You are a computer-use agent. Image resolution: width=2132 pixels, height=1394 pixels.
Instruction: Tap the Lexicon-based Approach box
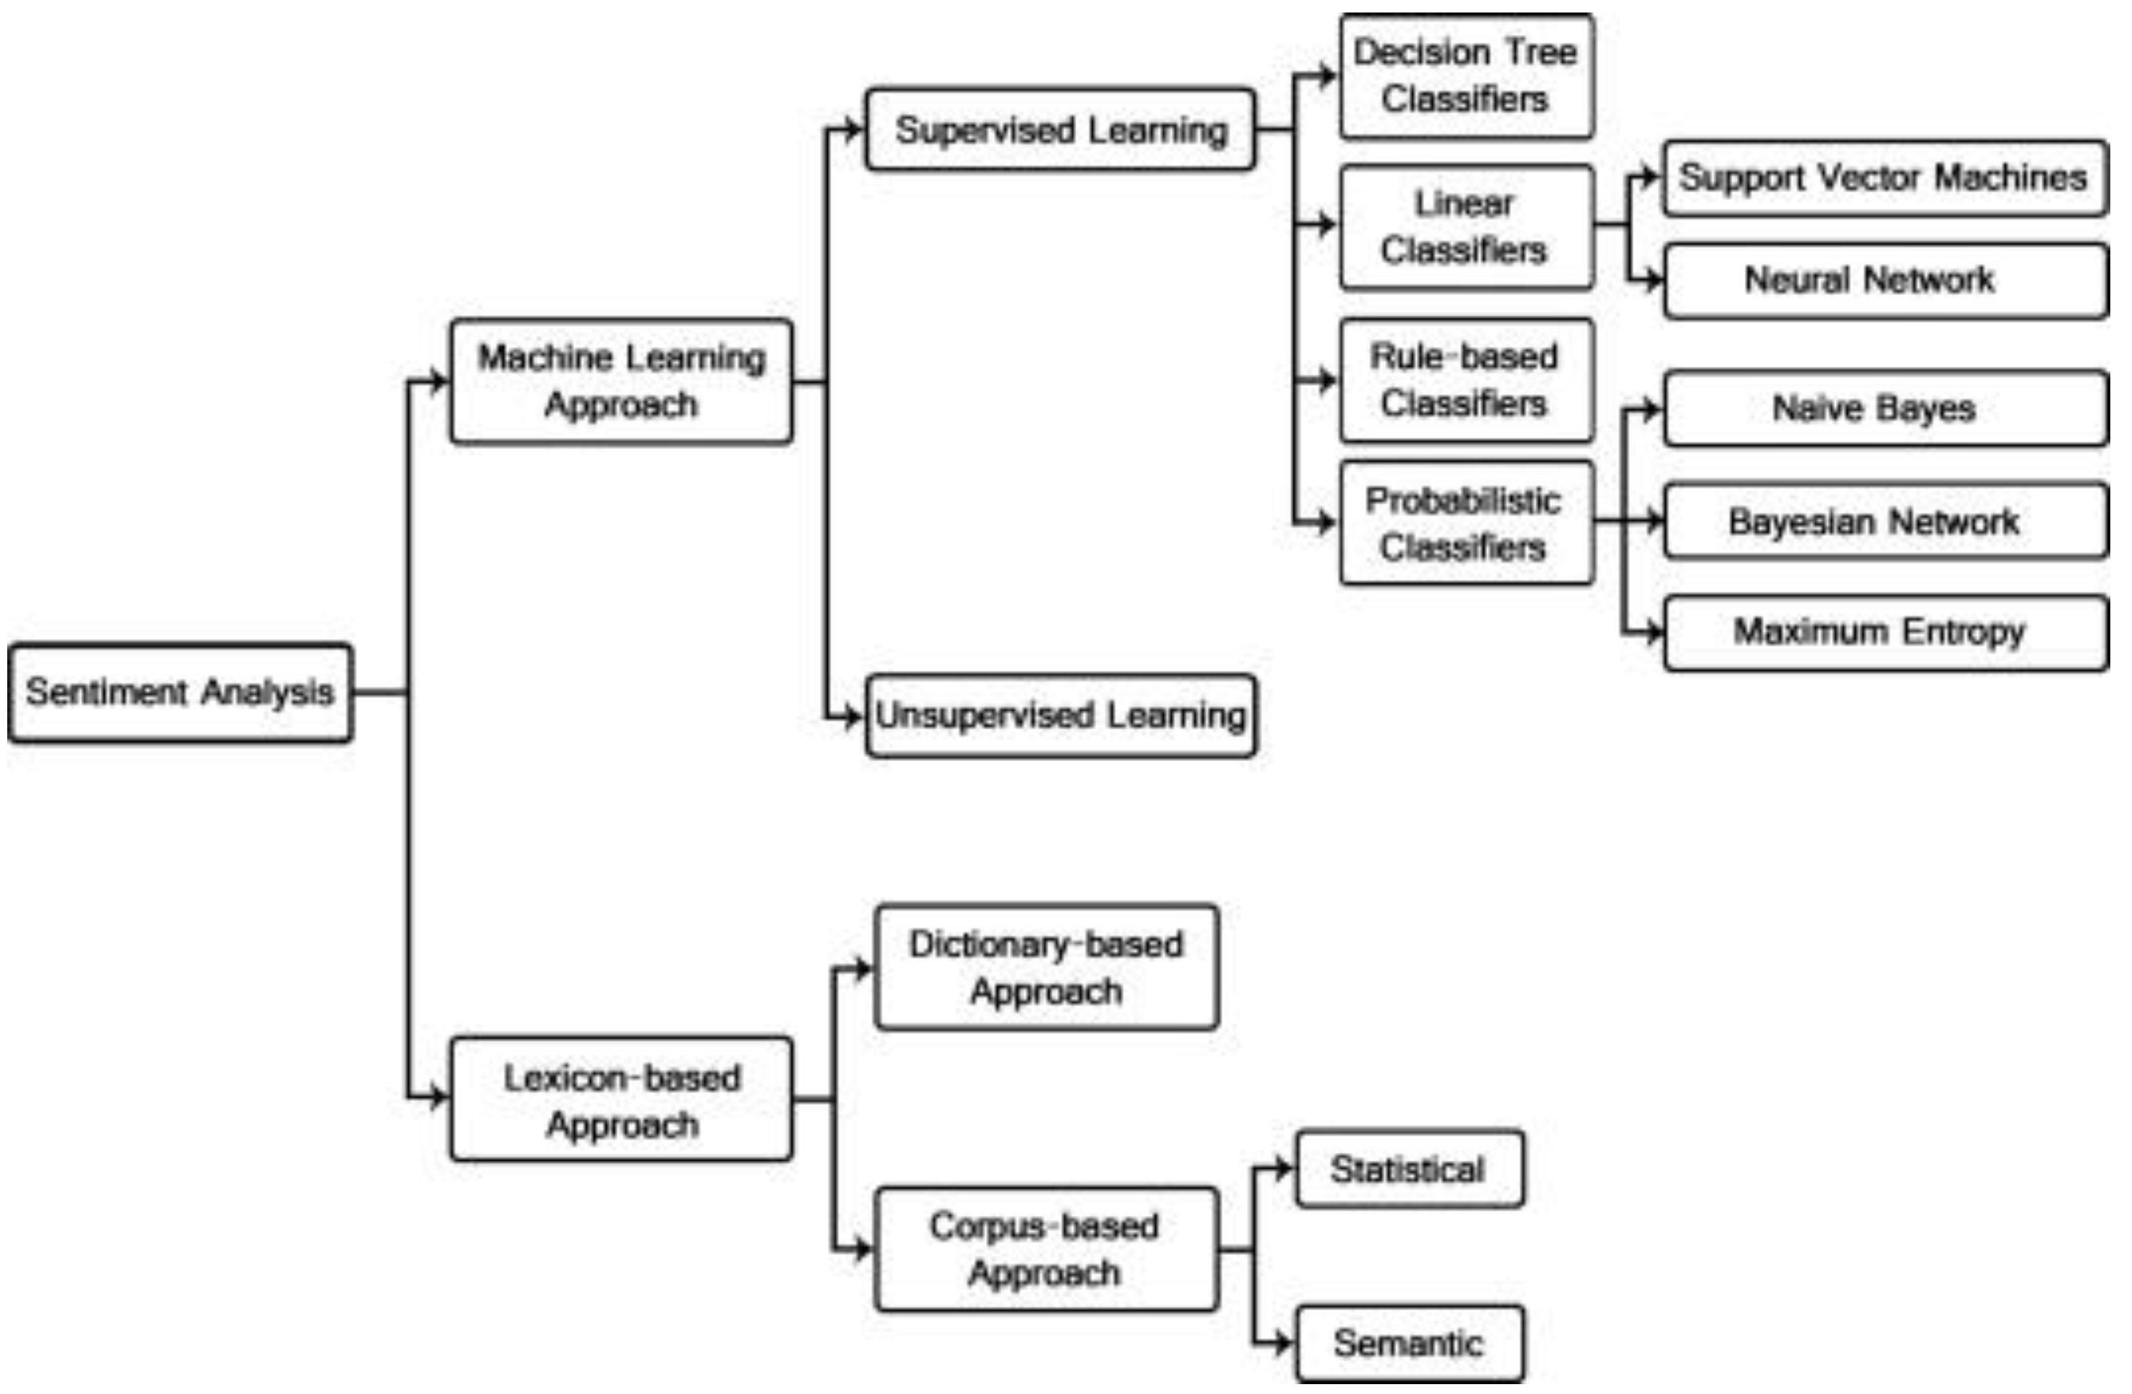tap(621, 1100)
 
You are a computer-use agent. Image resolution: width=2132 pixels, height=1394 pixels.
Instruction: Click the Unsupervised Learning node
tap(1060, 716)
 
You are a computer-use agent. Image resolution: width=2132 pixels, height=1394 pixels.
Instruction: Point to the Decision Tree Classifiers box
tap(1466, 76)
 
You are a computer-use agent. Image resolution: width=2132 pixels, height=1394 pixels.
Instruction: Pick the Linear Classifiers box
tap(1466, 227)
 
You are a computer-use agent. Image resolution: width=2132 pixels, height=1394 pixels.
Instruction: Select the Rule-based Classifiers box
tap(1466, 381)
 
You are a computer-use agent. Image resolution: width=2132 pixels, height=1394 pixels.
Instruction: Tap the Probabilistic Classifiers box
tap(1466, 523)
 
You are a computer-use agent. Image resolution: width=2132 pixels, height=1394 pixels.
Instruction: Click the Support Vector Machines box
tap(1885, 177)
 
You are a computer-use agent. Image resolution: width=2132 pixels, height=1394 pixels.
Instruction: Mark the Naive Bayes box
tap(1885, 409)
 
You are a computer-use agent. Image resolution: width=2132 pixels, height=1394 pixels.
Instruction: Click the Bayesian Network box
tap(1885, 521)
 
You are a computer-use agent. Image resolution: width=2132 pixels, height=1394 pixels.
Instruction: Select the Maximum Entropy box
tap(1885, 632)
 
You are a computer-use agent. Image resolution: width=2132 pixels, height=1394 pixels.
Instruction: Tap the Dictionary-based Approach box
tap(1047, 967)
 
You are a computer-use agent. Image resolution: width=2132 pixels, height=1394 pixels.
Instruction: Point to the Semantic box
tap(1409, 1343)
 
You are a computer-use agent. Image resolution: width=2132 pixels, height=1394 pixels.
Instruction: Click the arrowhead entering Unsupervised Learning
tap(853, 716)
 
